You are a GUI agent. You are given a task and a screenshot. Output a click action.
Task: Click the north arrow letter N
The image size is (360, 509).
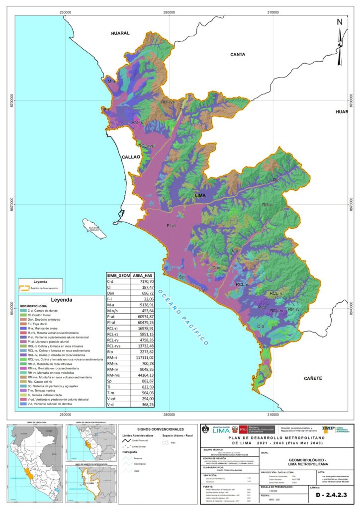pos(340,22)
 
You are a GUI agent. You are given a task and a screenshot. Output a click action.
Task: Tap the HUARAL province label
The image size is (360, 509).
pos(120,33)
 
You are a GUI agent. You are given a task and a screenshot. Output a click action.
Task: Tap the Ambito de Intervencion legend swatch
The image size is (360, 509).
pos(23,288)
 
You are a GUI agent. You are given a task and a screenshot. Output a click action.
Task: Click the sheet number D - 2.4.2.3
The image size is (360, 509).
pos(334,497)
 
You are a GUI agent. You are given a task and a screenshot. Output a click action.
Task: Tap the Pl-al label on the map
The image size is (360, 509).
pos(172,226)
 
